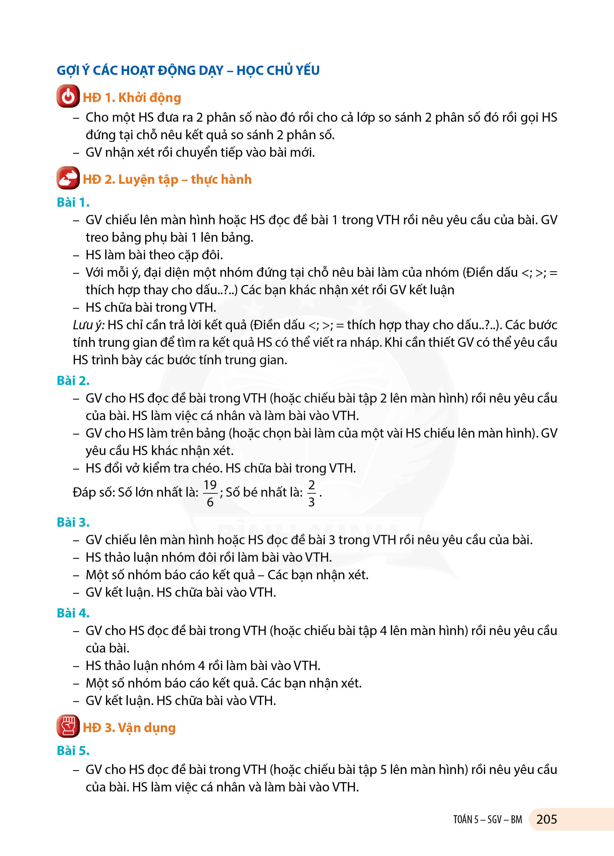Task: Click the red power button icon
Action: pyautogui.click(x=68, y=96)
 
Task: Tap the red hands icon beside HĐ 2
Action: pyautogui.click(x=68, y=178)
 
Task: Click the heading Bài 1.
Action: pyautogui.click(x=73, y=203)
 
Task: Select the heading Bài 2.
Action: pyautogui.click(x=73, y=381)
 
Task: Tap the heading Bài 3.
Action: pyautogui.click(x=73, y=522)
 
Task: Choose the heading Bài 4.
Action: pyautogui.click(x=73, y=613)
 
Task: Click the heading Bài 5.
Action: pyautogui.click(x=73, y=751)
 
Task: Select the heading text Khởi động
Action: pyautogui.click(x=150, y=98)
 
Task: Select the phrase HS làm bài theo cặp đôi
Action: pyautogui.click(x=154, y=255)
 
